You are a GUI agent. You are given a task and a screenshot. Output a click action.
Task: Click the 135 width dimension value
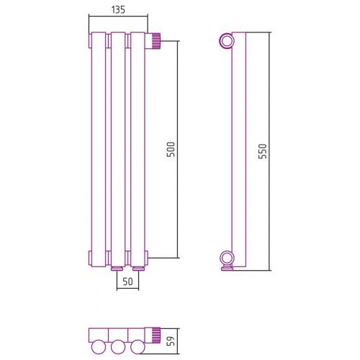[x=118, y=10]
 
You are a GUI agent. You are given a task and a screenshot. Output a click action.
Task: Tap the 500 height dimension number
[x=171, y=150]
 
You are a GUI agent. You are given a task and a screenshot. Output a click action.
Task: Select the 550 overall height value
[x=263, y=151]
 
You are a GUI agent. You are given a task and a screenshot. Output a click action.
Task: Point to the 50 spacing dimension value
[x=127, y=282]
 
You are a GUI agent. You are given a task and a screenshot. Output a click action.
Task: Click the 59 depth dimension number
[x=171, y=341]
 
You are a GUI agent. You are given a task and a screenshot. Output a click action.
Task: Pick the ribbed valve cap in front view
[x=156, y=40]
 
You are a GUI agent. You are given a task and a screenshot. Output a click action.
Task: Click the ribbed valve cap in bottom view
[x=156, y=336]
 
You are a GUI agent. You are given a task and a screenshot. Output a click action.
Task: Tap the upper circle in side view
[x=227, y=41]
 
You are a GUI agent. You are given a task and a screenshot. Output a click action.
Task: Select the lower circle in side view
[x=227, y=258]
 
